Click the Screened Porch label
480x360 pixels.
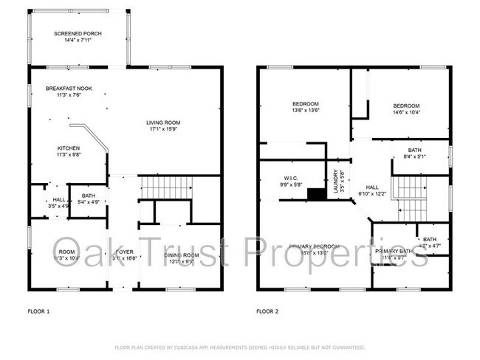point(78,34)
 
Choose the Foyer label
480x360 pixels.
point(125,252)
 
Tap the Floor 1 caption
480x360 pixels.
point(38,311)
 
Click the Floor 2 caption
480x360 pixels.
point(267,311)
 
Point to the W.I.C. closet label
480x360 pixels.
point(290,178)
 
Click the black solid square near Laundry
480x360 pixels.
point(316,194)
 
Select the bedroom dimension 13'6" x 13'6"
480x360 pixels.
point(304,111)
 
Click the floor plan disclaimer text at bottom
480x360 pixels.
point(239,346)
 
